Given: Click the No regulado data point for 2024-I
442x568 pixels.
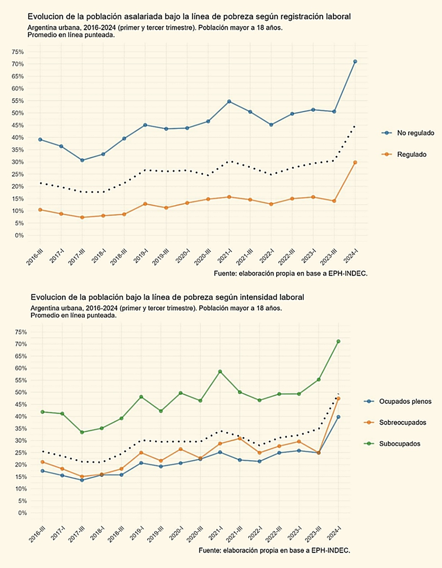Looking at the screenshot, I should pyautogui.click(x=355, y=61).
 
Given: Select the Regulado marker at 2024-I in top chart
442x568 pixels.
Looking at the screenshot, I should pyautogui.click(x=355, y=162).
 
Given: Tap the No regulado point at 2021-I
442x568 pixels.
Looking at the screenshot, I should pyautogui.click(x=229, y=102).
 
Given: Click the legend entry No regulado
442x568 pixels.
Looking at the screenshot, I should pyautogui.click(x=415, y=133).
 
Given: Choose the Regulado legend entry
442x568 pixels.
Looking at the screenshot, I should pyautogui.click(x=411, y=154).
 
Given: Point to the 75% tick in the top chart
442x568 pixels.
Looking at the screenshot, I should pyautogui.click(x=18, y=52).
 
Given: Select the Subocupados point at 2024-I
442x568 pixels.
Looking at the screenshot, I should pyautogui.click(x=338, y=341).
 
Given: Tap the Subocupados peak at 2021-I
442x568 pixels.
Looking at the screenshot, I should pyautogui.click(x=220, y=371).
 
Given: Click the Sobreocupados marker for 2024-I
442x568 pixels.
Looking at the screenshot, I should pyautogui.click(x=338, y=399).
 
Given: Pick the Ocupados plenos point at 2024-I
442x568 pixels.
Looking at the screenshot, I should pyautogui.click(x=338, y=417).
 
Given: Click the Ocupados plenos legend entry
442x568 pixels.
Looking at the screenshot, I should pyautogui.click(x=405, y=401).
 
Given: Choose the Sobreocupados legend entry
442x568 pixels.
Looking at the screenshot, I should pyautogui.click(x=402, y=422).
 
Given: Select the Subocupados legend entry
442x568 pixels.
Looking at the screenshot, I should pyautogui.click(x=399, y=443).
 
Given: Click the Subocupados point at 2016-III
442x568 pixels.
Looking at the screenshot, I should pyautogui.click(x=42, y=412).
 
